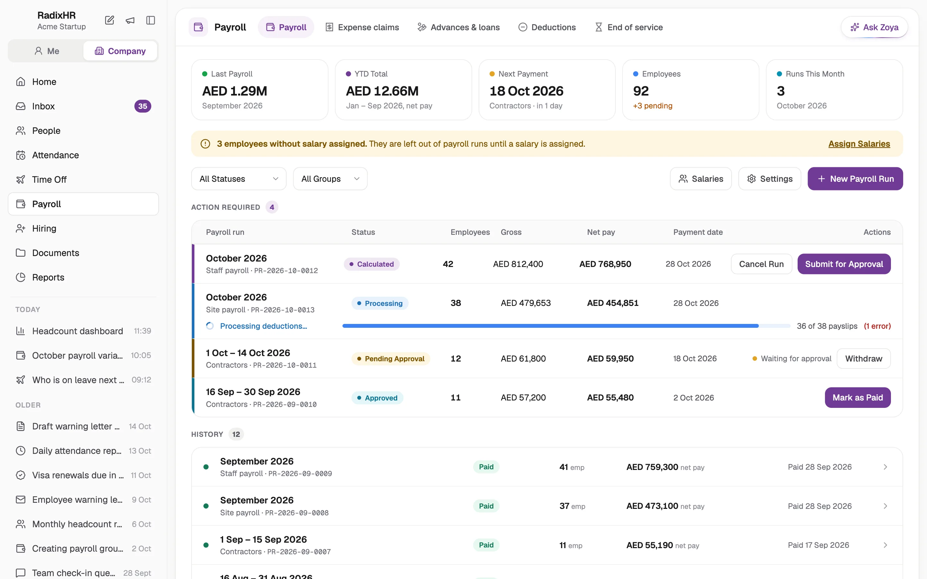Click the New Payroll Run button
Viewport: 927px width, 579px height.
coord(855,179)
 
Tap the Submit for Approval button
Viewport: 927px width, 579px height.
coord(844,264)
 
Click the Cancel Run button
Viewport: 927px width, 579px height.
coord(761,264)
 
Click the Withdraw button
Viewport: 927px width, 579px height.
coord(863,358)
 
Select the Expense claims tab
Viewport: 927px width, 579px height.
coord(362,27)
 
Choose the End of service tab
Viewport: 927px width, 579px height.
coord(628,27)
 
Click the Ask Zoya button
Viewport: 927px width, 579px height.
coord(874,27)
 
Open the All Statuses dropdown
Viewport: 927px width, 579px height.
coord(239,179)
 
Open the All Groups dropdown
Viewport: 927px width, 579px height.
coord(330,179)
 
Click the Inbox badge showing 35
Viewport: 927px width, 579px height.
coord(143,106)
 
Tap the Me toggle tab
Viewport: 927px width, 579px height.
coord(46,51)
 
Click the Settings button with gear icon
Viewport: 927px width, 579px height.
coord(770,179)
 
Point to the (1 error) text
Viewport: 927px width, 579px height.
coord(877,326)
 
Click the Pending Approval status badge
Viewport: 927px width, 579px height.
coord(391,358)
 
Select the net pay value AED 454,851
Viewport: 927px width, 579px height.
coord(613,303)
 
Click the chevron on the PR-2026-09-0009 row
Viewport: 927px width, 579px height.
coord(885,467)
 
